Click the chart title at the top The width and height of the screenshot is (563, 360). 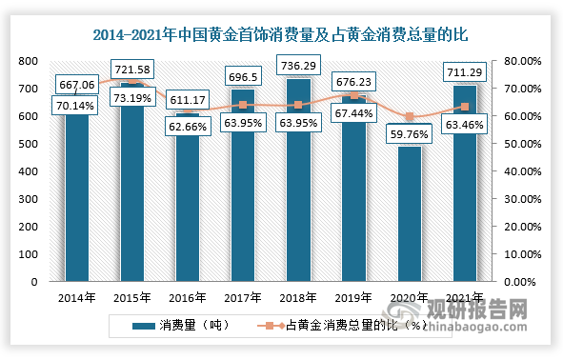[281, 35]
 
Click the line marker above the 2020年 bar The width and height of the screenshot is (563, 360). [408, 117]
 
